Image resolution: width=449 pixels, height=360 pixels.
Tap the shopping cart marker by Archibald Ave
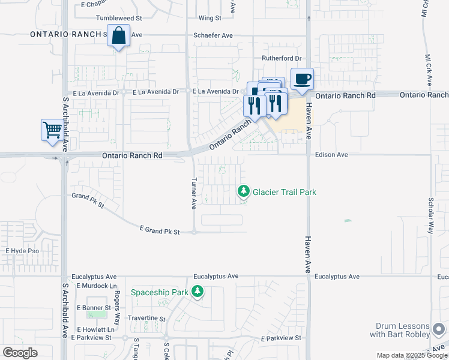pos(52,130)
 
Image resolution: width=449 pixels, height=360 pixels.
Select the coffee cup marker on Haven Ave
pos(302,79)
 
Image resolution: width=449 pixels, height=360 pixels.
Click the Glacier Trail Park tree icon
pos(243,191)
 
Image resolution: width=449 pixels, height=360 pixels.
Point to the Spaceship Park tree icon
pos(198,292)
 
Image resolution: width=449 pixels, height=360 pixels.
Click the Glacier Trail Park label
pos(284,192)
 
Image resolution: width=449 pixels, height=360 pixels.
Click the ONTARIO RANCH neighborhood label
pos(66,35)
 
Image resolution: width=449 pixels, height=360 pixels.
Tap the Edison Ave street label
pos(331,155)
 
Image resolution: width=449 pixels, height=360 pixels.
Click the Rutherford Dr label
pos(281,58)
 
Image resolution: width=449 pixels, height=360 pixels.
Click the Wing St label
pos(209,19)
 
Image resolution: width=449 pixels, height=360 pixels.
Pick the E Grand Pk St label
pos(160,230)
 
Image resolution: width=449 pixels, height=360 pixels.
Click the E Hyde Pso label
pos(22,250)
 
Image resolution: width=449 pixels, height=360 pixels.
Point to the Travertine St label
pos(146,318)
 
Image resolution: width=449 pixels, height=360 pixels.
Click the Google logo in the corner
pos(20,352)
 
